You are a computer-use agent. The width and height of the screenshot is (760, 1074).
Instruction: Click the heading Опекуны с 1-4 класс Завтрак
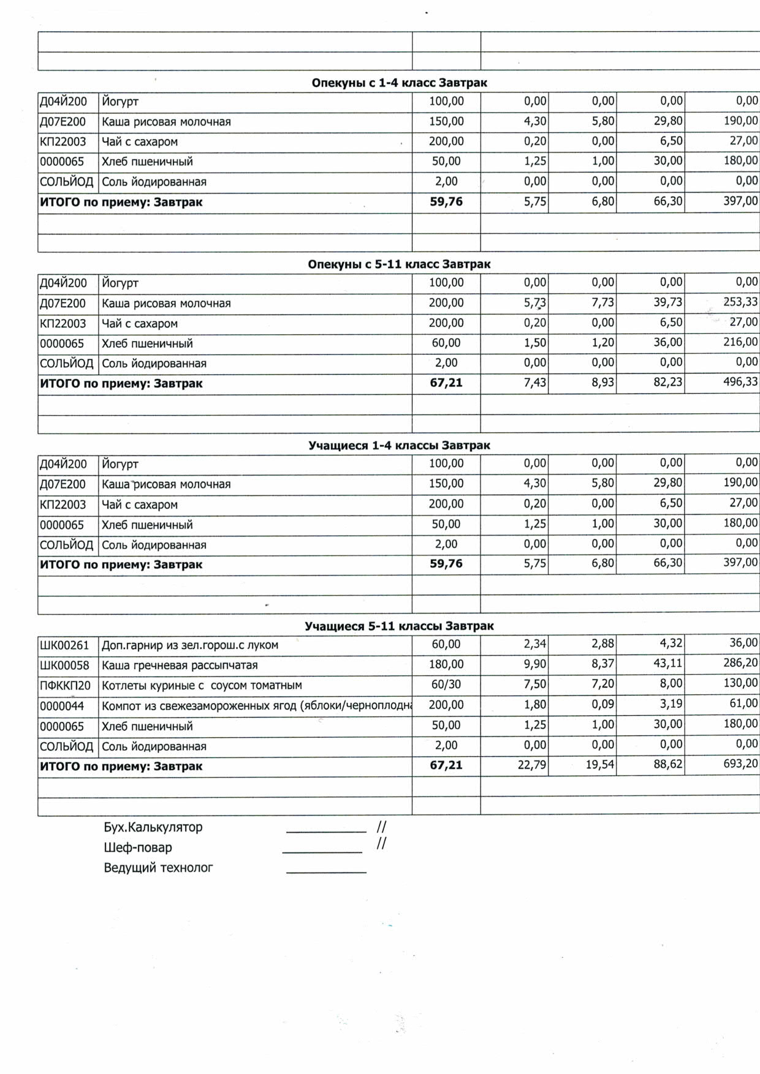pos(399,83)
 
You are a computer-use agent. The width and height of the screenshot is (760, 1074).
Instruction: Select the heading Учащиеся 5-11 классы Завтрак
pos(399,626)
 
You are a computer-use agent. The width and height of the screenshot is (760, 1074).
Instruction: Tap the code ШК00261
pos(64,645)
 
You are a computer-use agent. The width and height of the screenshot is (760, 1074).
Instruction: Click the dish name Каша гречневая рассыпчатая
pos(180,665)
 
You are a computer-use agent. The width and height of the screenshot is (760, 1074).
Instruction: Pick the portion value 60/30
pos(446,685)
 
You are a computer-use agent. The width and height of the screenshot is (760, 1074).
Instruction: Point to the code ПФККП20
pos(65,685)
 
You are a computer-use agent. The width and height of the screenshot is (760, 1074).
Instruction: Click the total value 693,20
pos(740,764)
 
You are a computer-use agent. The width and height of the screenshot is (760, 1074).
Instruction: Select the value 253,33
pos(740,302)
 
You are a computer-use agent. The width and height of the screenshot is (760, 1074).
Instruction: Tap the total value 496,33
pos(740,382)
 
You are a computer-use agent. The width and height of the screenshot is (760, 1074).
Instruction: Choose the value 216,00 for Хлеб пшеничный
pos(740,342)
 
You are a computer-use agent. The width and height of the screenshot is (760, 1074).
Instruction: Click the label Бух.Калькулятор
pos(153,827)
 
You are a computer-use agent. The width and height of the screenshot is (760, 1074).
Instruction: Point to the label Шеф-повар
pos(137,847)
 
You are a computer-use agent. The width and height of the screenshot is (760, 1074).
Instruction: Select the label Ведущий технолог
pos(158,868)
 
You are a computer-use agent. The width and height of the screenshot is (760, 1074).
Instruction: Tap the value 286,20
pos(740,663)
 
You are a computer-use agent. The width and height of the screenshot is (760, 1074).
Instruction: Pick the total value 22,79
pos(531,765)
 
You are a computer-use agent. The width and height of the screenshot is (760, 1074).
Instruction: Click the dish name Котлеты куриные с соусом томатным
pos(202,685)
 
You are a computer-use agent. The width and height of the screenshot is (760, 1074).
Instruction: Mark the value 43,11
pos(667,663)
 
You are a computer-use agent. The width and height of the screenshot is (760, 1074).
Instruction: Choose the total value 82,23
pos(667,382)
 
